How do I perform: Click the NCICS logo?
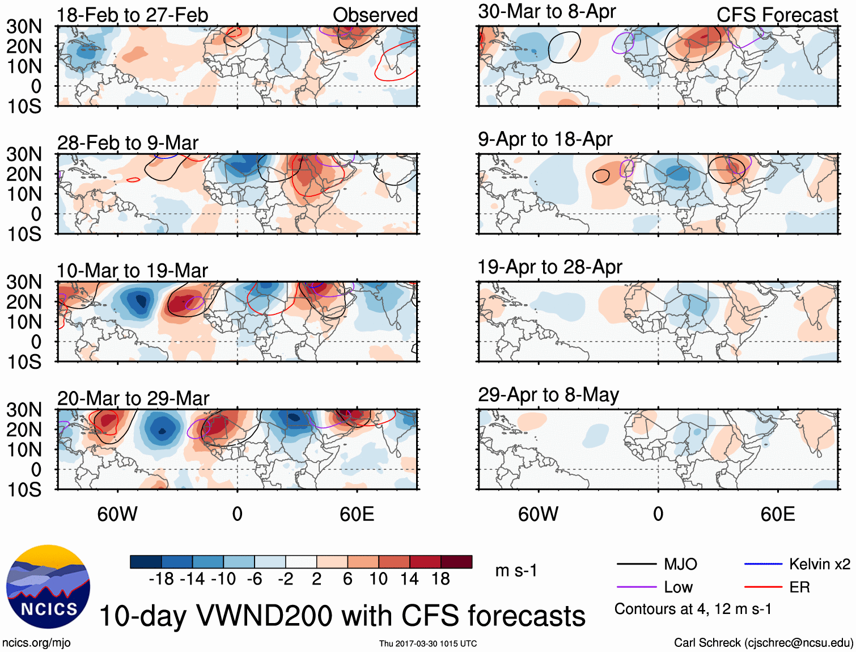coord(48,587)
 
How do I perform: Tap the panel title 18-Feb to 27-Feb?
coord(133,15)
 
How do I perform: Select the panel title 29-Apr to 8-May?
coord(548,394)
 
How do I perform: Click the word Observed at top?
coord(375,15)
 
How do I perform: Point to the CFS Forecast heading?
coord(777,15)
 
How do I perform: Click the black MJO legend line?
coord(636,564)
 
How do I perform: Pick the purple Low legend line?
coord(636,587)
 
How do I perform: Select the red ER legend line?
coord(763,587)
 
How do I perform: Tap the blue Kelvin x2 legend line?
coord(763,564)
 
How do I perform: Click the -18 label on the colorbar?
coord(161,579)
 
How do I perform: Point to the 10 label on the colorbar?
coord(378,579)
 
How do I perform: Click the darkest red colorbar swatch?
coord(456,562)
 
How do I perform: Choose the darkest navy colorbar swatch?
coord(146,562)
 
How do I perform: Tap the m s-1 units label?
coord(516,570)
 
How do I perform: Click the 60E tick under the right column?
coord(777,514)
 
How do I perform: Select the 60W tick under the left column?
coord(117,514)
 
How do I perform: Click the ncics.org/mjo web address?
coord(36,642)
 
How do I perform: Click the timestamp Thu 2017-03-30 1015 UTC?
coord(428,643)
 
